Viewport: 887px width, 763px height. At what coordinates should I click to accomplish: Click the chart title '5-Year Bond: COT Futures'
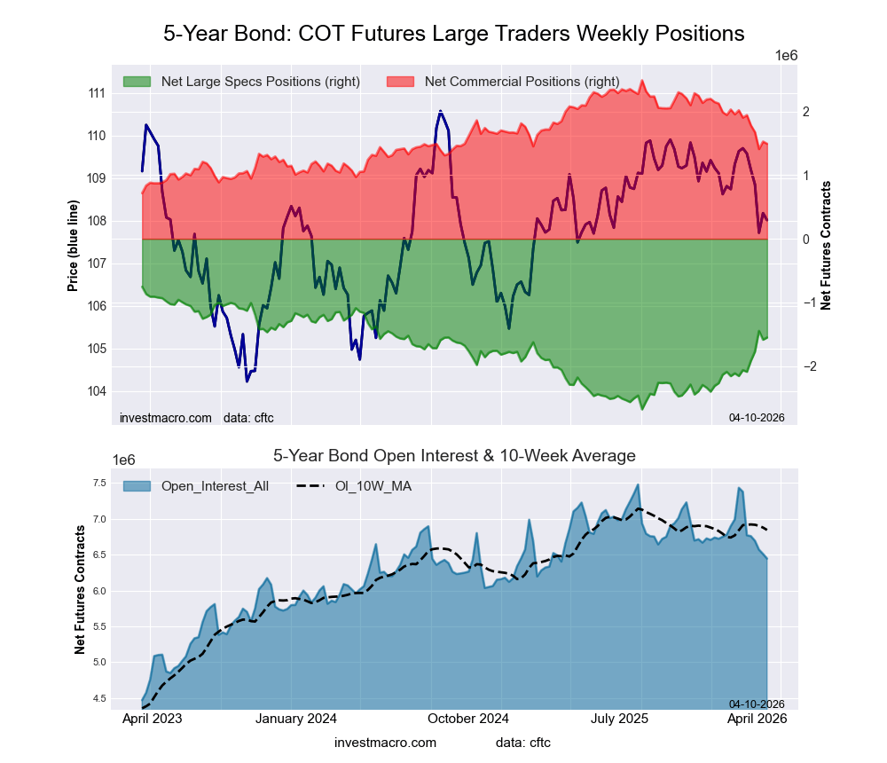[453, 34]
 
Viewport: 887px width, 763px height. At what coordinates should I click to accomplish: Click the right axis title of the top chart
[826, 245]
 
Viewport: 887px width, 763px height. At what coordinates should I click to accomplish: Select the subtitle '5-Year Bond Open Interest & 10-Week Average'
[453, 456]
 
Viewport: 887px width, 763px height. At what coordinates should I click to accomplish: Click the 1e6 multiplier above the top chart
[786, 55]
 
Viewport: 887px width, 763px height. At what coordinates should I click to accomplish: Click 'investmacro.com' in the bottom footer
[385, 742]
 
